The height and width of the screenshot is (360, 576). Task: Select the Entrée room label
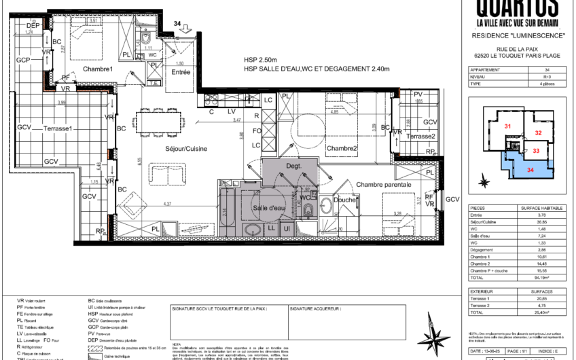pos(180,72)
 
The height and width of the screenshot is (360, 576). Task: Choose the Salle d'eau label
pos(268,208)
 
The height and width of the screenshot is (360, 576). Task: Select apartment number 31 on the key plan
pos(507,126)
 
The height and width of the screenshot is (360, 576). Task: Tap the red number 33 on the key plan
pos(536,151)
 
